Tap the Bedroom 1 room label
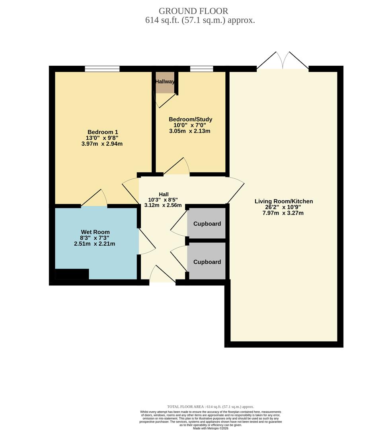pyautogui.click(x=103, y=132)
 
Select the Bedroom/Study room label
pyautogui.click(x=190, y=119)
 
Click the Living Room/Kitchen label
pyautogui.click(x=284, y=201)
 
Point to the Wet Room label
pyautogui.click(x=95, y=232)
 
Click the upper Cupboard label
pyautogui.click(x=207, y=224)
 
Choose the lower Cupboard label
pyautogui.click(x=207, y=262)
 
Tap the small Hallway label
pyautogui.click(x=165, y=82)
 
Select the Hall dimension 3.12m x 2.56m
pyautogui.click(x=163, y=205)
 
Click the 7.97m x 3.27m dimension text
pyautogui.click(x=283, y=213)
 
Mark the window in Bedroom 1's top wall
pyautogui.click(x=102, y=69)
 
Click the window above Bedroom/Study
pyautogui.click(x=201, y=69)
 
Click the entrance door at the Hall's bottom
pyautogui.click(x=162, y=275)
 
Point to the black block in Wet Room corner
pyautogui.click(x=72, y=274)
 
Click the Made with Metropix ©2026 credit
pyautogui.click(x=211, y=428)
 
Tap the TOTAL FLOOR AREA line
pyautogui.click(x=211, y=407)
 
